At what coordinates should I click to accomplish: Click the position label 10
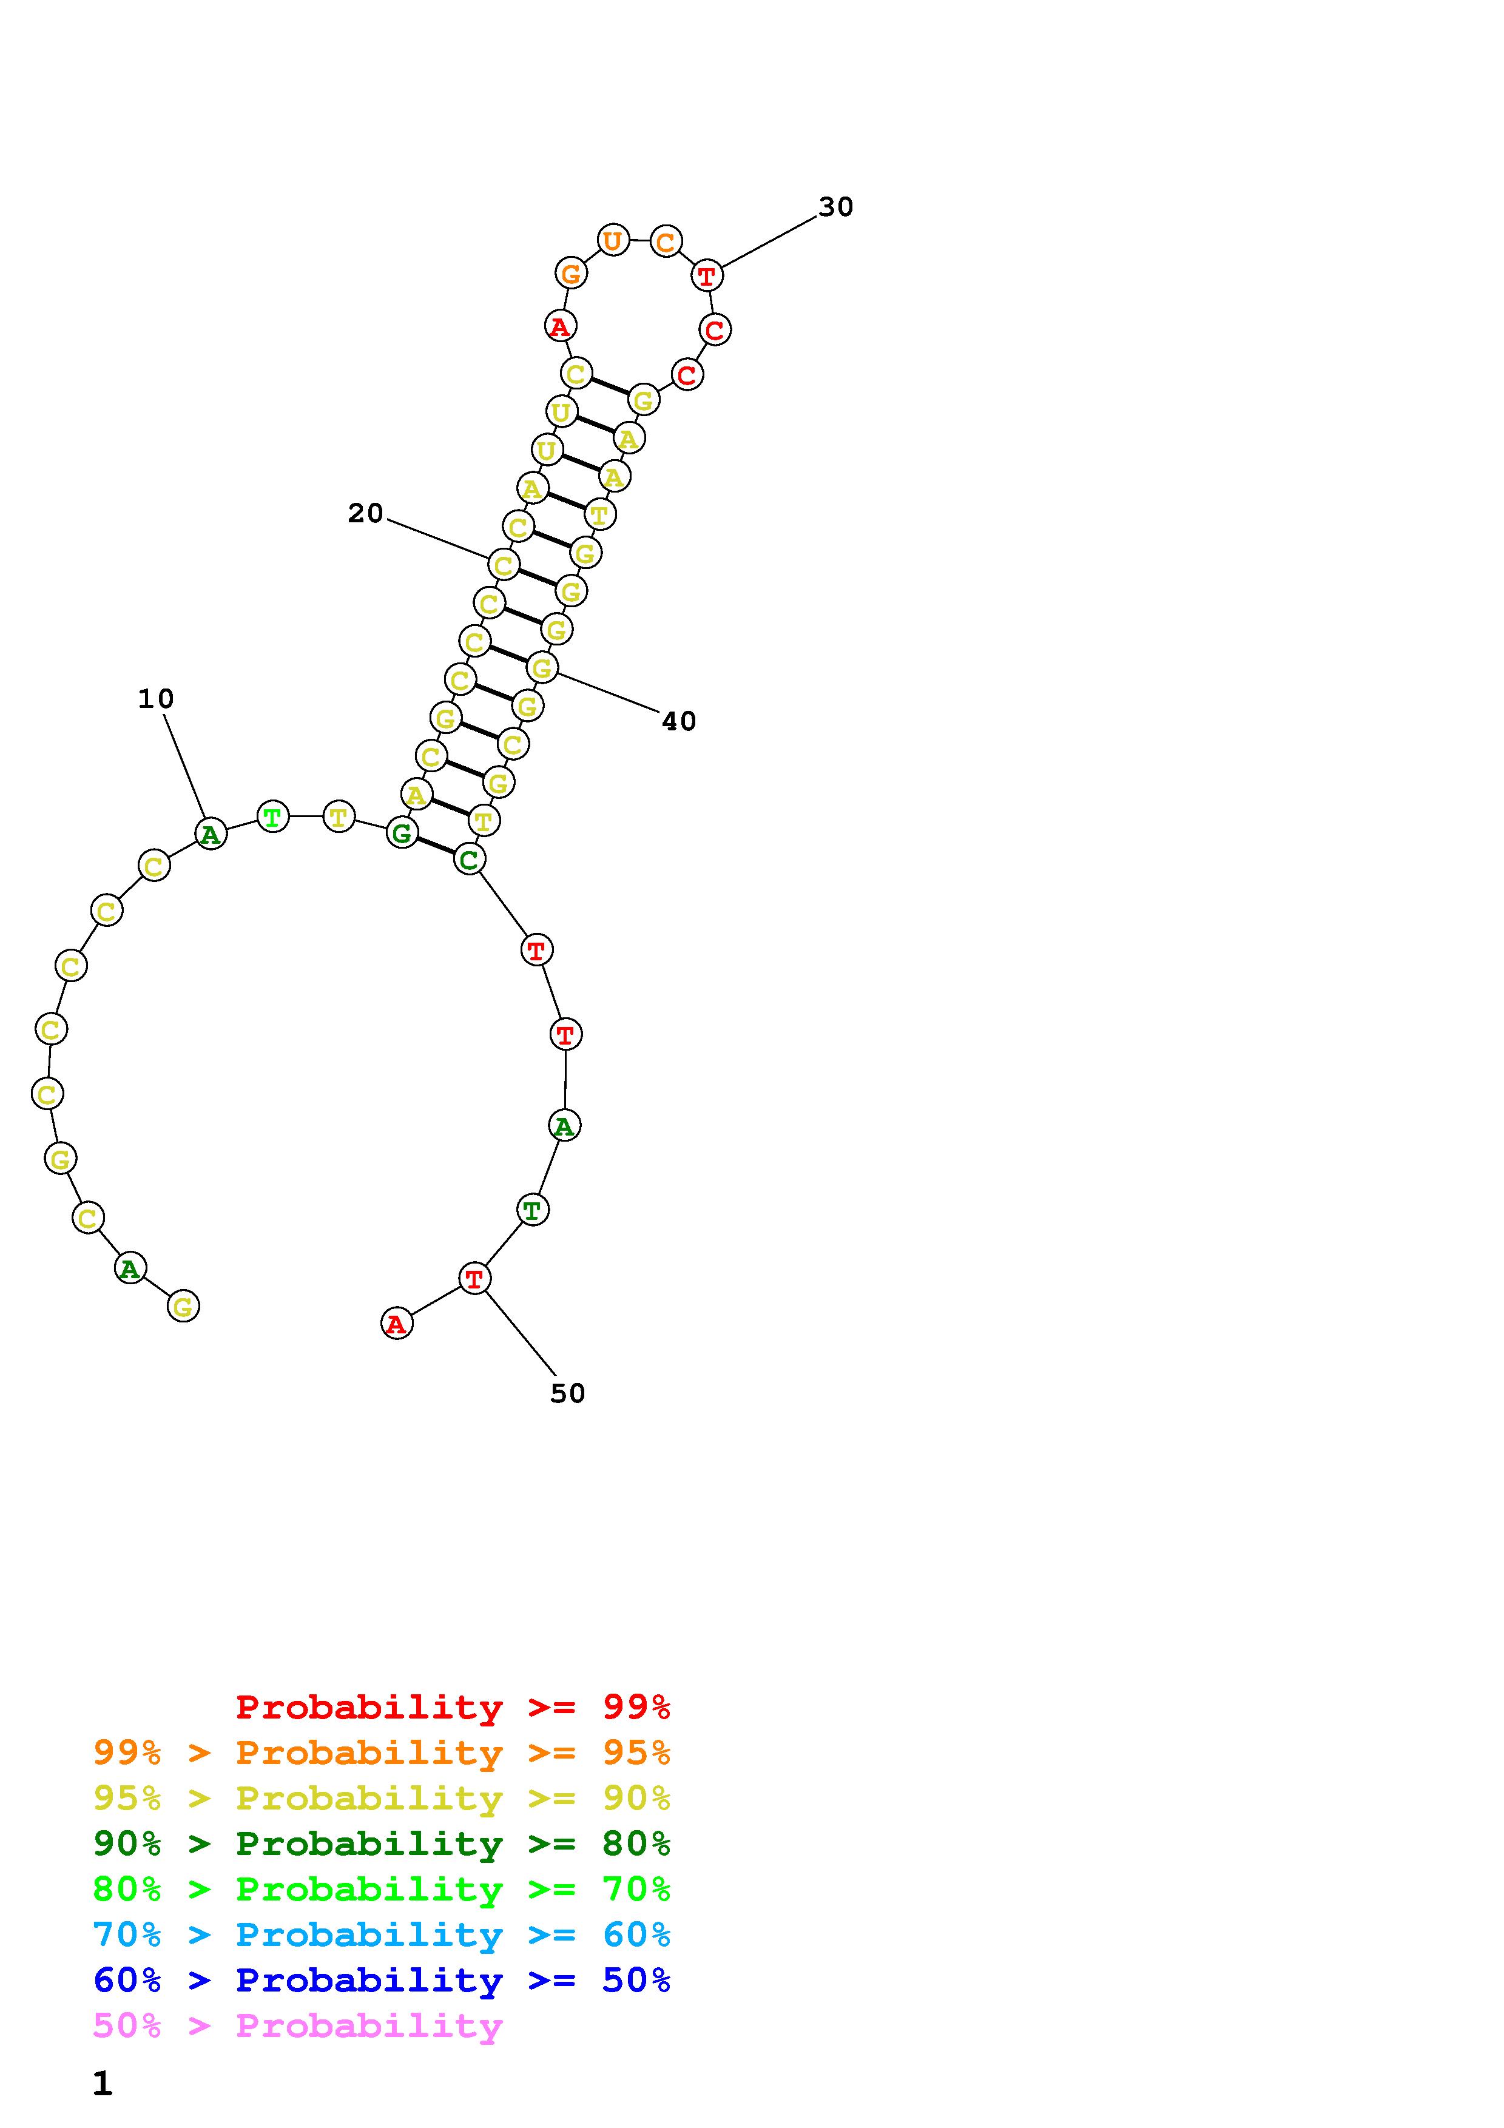[x=156, y=699]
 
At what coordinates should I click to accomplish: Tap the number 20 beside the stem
[x=365, y=513]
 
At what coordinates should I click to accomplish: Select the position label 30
[x=836, y=207]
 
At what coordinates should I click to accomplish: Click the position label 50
[x=567, y=1393]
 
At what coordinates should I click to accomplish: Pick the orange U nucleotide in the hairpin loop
[x=613, y=241]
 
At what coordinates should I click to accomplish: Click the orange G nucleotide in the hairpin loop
[x=571, y=274]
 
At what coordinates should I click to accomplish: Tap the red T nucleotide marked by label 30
[x=707, y=275]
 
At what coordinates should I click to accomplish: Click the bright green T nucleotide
[x=272, y=817]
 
